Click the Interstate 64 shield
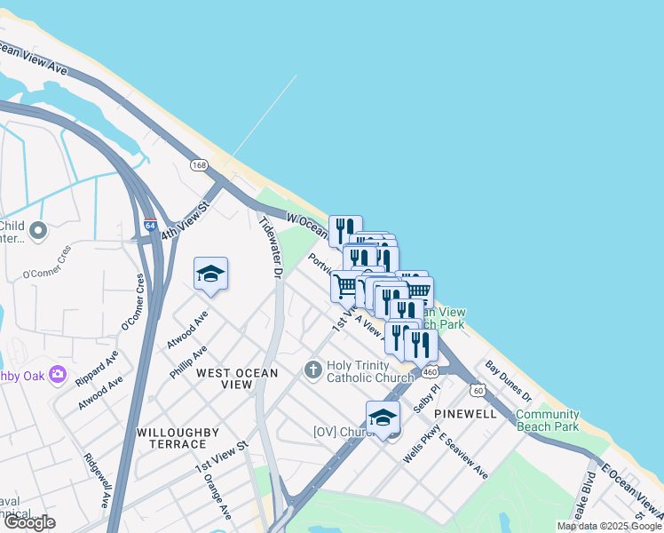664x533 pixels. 150,225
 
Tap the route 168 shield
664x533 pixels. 199,165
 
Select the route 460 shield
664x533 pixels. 430,371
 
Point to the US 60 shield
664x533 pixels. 478,390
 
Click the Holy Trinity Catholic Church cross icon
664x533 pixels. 312,370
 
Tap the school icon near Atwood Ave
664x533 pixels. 210,274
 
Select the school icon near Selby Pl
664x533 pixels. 383,418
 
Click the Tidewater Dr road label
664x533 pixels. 269,248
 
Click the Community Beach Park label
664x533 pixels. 547,420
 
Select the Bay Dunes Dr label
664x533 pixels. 508,380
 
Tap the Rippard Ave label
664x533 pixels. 97,368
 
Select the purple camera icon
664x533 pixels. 59,374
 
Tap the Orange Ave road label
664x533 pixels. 217,499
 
